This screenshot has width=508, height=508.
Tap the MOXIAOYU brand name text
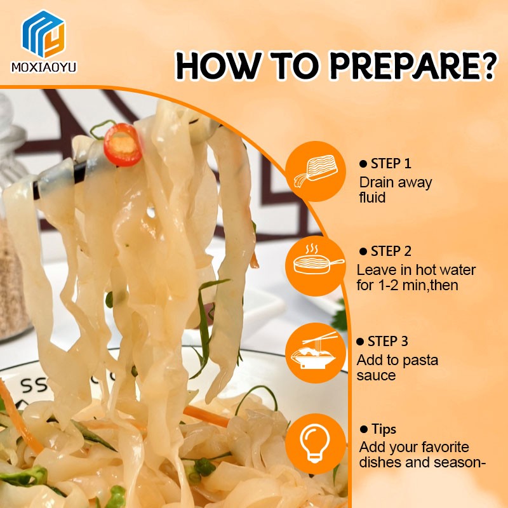[44, 67]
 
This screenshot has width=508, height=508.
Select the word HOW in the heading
[212, 65]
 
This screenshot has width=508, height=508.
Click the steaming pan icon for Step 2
[316, 262]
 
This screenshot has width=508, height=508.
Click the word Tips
[382, 429]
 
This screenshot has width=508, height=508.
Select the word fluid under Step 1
[373, 197]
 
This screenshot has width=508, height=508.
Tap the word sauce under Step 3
[376, 375]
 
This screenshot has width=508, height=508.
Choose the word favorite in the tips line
[438, 447]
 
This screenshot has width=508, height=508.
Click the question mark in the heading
[486, 65]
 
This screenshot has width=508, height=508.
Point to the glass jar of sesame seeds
[14, 279]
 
